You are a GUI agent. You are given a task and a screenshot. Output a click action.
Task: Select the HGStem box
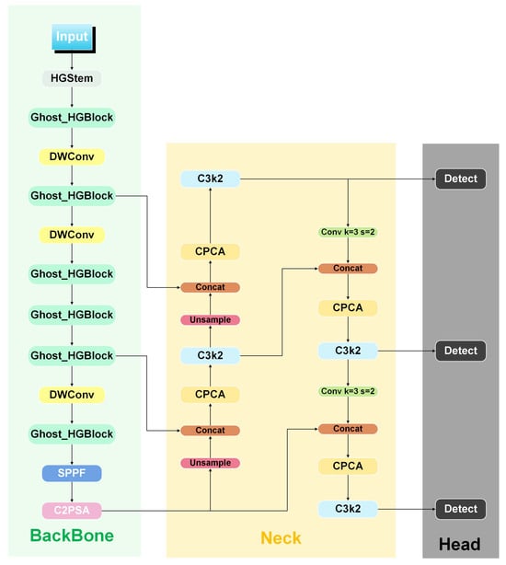click(x=71, y=78)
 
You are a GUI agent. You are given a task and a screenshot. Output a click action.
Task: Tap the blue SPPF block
click(x=71, y=473)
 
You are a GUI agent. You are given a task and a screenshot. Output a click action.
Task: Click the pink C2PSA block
click(x=71, y=509)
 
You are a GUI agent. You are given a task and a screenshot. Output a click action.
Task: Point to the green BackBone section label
click(x=71, y=536)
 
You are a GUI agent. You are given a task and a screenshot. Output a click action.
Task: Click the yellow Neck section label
click(x=280, y=537)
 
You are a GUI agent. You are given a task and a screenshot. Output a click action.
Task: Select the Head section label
click(x=459, y=544)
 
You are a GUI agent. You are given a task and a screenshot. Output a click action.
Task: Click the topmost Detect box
click(x=460, y=179)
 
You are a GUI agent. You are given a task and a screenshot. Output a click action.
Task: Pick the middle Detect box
click(x=460, y=351)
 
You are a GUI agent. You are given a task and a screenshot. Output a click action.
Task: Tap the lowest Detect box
click(x=460, y=509)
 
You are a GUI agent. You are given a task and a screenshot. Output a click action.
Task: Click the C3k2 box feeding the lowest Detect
click(x=348, y=509)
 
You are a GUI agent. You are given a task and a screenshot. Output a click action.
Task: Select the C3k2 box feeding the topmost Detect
click(x=210, y=179)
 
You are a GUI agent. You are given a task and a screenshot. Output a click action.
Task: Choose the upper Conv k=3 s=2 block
click(x=348, y=232)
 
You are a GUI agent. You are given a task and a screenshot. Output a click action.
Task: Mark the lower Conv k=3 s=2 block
click(x=348, y=392)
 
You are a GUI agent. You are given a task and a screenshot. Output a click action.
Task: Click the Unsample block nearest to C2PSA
click(x=210, y=463)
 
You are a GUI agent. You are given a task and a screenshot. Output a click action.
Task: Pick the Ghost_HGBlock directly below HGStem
click(x=71, y=118)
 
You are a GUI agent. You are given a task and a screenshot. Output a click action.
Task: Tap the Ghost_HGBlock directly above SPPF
click(x=71, y=433)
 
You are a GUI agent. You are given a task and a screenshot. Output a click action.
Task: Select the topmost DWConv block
click(x=71, y=157)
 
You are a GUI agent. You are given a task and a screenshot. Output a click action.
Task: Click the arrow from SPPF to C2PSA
click(x=71, y=491)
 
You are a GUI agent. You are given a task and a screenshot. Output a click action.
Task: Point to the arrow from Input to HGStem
click(x=71, y=60)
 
